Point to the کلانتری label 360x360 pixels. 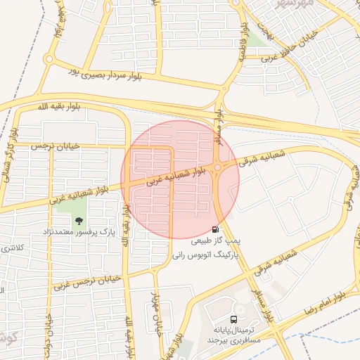coord(13,247)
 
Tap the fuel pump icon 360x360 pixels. coord(215,229)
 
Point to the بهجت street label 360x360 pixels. coord(262,28)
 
